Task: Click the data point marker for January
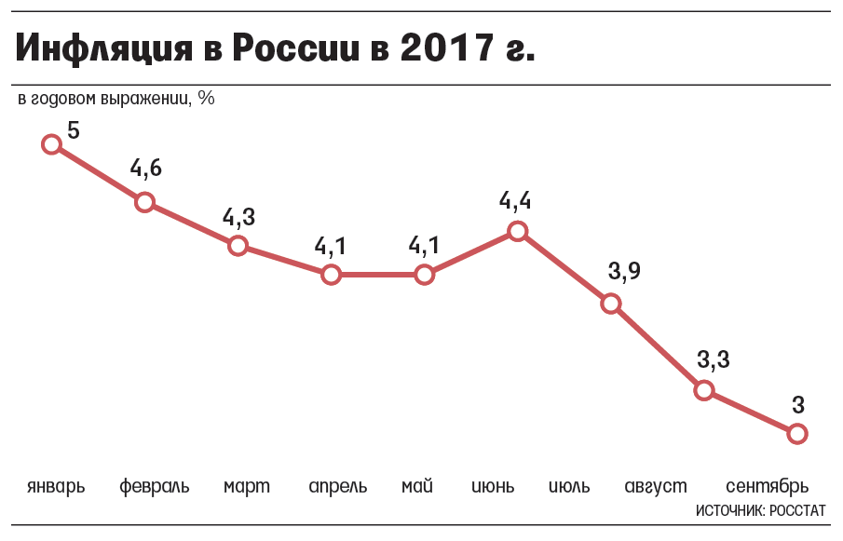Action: [x=52, y=143]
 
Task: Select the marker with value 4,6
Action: [x=144, y=202]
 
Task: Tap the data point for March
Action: [x=238, y=246]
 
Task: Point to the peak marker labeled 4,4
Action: [x=517, y=232]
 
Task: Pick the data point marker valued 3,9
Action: [x=610, y=304]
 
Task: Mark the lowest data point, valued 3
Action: [x=796, y=433]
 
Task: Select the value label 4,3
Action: [x=238, y=217]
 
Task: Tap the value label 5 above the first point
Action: [x=74, y=131]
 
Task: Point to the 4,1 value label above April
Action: [x=331, y=246]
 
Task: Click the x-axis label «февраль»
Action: [x=155, y=486]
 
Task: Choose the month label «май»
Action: [x=417, y=486]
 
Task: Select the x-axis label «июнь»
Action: [x=495, y=486]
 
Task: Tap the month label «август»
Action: [x=656, y=486]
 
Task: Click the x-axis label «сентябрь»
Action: [x=767, y=486]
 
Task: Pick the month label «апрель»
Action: [x=337, y=486]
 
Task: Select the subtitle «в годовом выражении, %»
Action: [x=116, y=97]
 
